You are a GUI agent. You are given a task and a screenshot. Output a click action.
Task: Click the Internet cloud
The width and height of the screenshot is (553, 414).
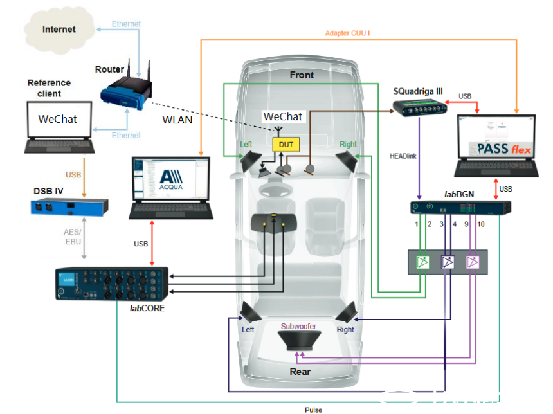coord(59,30)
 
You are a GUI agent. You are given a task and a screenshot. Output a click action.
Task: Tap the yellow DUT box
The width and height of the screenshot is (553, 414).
coord(286,145)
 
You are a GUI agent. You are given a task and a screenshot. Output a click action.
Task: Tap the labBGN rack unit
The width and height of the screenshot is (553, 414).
coord(460,208)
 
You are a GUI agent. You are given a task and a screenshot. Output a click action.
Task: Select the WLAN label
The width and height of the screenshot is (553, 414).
coord(177,120)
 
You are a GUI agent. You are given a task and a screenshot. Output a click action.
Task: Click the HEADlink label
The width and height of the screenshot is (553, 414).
coord(406,156)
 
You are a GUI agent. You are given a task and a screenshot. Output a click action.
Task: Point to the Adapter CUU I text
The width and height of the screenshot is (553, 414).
coord(347,33)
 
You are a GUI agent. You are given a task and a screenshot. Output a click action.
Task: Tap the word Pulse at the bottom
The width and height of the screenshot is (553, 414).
coord(314,409)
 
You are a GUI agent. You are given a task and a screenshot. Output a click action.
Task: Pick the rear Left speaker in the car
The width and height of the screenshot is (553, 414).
coord(249,314)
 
